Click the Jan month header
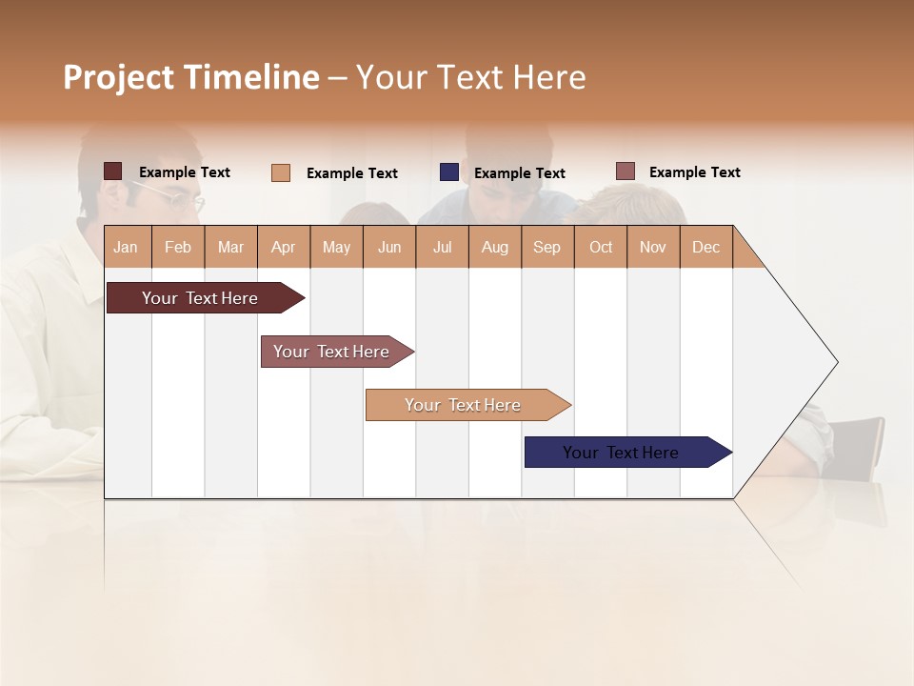[126, 247]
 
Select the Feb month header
[178, 247]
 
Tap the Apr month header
[283, 247]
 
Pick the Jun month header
[389, 247]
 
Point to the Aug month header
[494, 247]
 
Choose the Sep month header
[546, 247]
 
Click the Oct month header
[601, 247]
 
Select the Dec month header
[705, 247]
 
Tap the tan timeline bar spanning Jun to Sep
[465, 405]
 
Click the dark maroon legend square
[112, 171]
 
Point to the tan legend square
[280, 172]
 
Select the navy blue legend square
[448, 172]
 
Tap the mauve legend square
[625, 171]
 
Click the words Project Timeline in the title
[190, 77]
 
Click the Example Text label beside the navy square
[519, 173]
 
